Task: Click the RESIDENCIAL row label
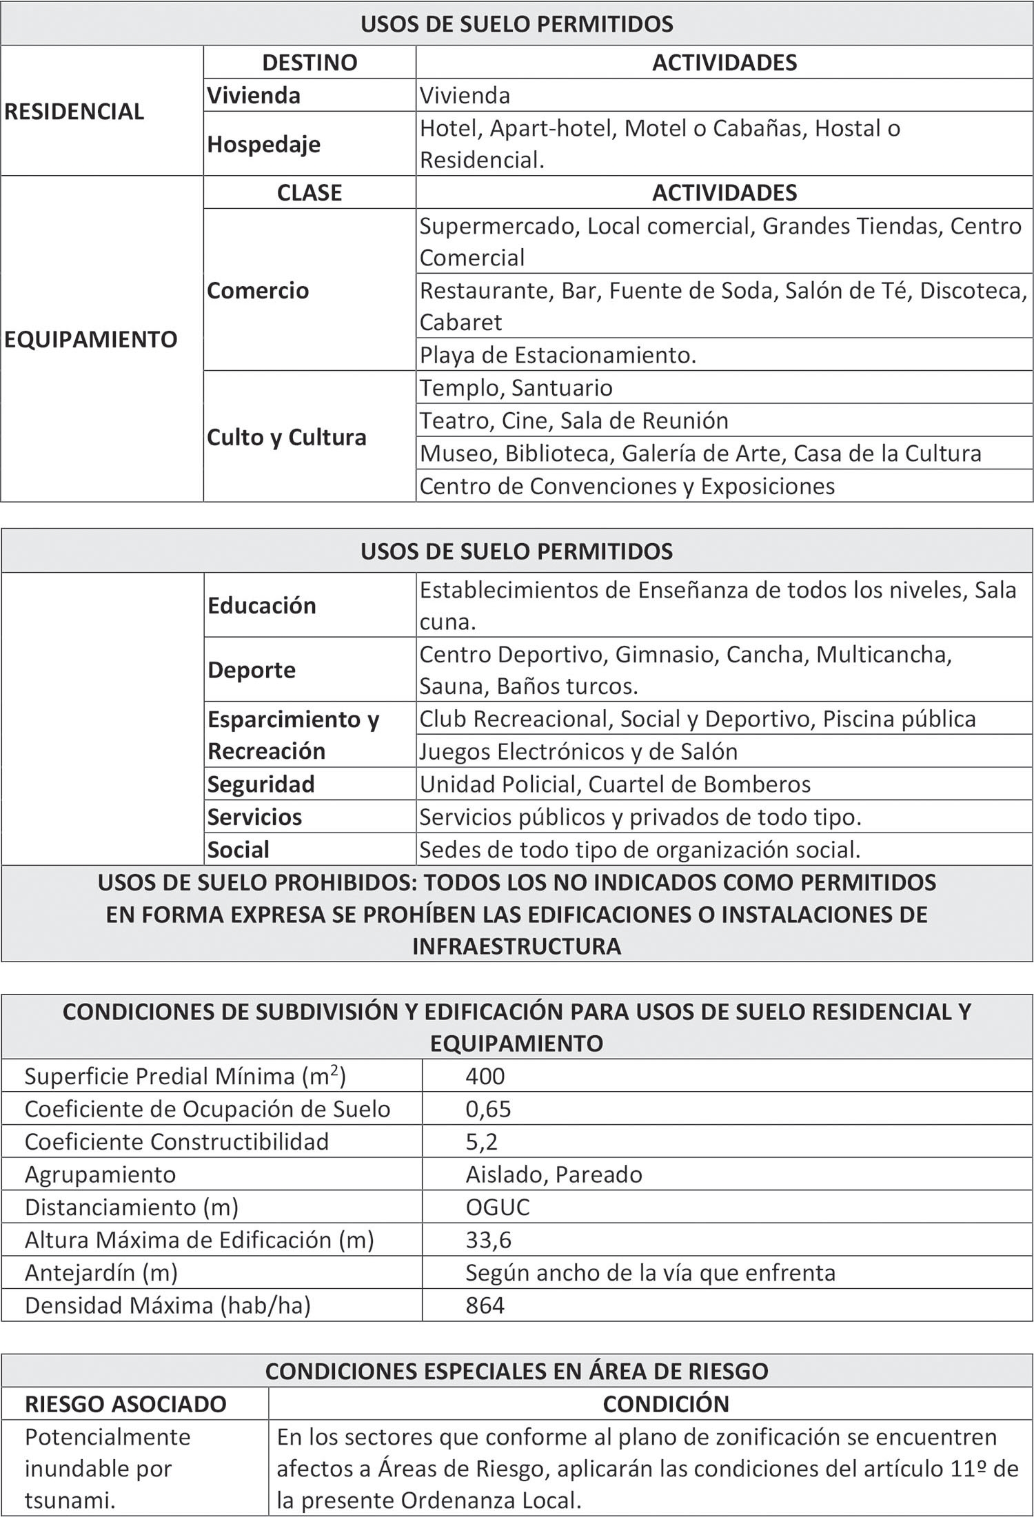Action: coord(74,111)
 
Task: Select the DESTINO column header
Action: coord(310,62)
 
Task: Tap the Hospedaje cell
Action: coord(264,144)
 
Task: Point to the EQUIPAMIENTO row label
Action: coord(91,339)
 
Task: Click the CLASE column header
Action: coord(310,192)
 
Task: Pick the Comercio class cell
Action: coord(258,290)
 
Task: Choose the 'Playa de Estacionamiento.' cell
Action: coord(558,355)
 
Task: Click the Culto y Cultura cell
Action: coord(287,437)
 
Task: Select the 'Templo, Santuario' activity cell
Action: coord(516,387)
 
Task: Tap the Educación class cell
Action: coord(262,605)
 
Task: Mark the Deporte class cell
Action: coord(252,669)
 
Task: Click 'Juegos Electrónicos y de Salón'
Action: coord(578,751)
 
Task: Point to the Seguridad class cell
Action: coord(261,784)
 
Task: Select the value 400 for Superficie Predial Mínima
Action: coord(485,1076)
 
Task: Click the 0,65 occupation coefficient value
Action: coord(488,1109)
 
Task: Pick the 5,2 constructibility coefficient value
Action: coord(481,1142)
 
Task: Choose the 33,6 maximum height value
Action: coord(488,1240)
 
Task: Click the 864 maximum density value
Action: coord(485,1305)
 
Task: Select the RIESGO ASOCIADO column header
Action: coord(125,1404)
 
